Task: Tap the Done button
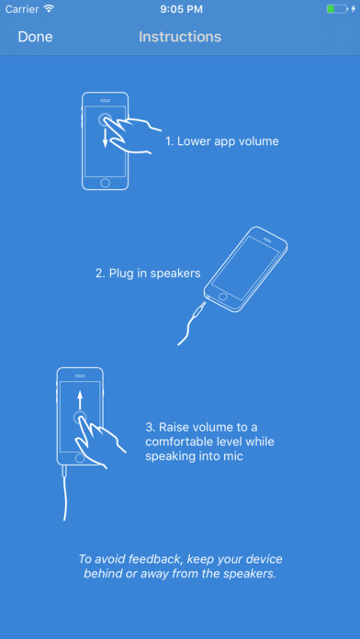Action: [x=36, y=37]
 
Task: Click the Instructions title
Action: [x=180, y=37]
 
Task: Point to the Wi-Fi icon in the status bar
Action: [x=49, y=9]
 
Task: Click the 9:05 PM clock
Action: [x=181, y=9]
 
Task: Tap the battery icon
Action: [x=337, y=9]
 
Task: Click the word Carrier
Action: [x=22, y=9]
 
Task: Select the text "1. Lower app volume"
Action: [x=222, y=141]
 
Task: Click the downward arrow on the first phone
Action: [x=106, y=138]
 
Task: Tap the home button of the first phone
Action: [x=106, y=183]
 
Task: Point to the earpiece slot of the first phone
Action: [x=106, y=100]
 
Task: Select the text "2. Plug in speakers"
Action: [x=148, y=273]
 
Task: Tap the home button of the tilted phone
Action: [x=222, y=296]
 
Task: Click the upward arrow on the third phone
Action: [x=80, y=400]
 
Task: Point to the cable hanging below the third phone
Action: [x=65, y=493]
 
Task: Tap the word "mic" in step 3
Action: [x=233, y=456]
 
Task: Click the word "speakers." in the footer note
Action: [x=252, y=574]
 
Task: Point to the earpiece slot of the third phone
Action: [x=80, y=376]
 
